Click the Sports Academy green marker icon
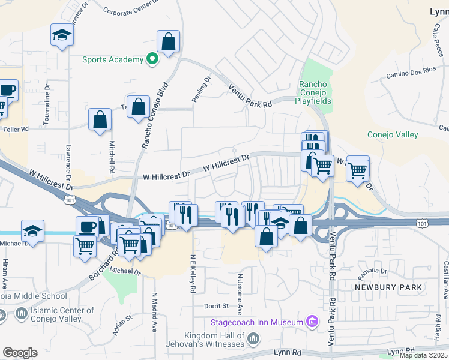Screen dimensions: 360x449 [152, 59]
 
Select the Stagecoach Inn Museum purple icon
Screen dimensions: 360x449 [311, 323]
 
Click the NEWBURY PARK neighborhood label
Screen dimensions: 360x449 [384, 287]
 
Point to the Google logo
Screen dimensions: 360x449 [20, 353]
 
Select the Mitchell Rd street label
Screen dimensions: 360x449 [112, 155]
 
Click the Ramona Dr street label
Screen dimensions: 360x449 [373, 271]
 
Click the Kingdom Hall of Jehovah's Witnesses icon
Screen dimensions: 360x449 [253, 340]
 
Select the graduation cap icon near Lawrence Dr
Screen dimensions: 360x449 [61, 37]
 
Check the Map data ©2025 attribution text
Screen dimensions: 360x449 [423, 355]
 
